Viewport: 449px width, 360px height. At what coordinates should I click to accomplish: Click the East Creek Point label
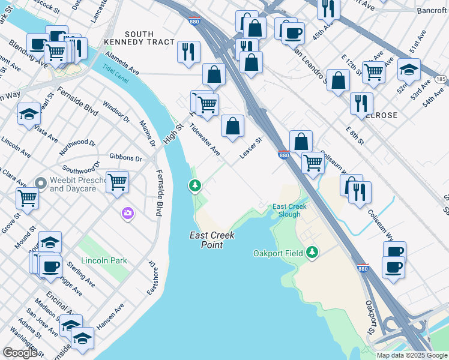tap(212, 240)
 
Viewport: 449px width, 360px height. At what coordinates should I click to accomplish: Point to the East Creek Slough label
tap(289, 211)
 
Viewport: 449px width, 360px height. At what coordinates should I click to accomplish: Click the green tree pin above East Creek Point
tap(194, 186)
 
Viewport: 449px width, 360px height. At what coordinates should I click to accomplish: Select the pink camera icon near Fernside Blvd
tap(127, 214)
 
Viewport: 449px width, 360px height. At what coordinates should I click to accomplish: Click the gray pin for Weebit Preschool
tap(41, 183)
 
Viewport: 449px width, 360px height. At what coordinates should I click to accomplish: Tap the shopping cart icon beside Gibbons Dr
tap(117, 181)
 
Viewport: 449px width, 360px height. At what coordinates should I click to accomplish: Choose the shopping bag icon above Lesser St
tap(232, 126)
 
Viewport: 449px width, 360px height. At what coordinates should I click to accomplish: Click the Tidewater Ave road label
tap(205, 140)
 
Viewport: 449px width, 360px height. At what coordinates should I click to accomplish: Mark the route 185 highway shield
tap(441, 79)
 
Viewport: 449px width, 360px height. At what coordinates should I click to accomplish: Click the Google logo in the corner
tap(20, 353)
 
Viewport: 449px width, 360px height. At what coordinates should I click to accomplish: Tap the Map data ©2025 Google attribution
tap(412, 355)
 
